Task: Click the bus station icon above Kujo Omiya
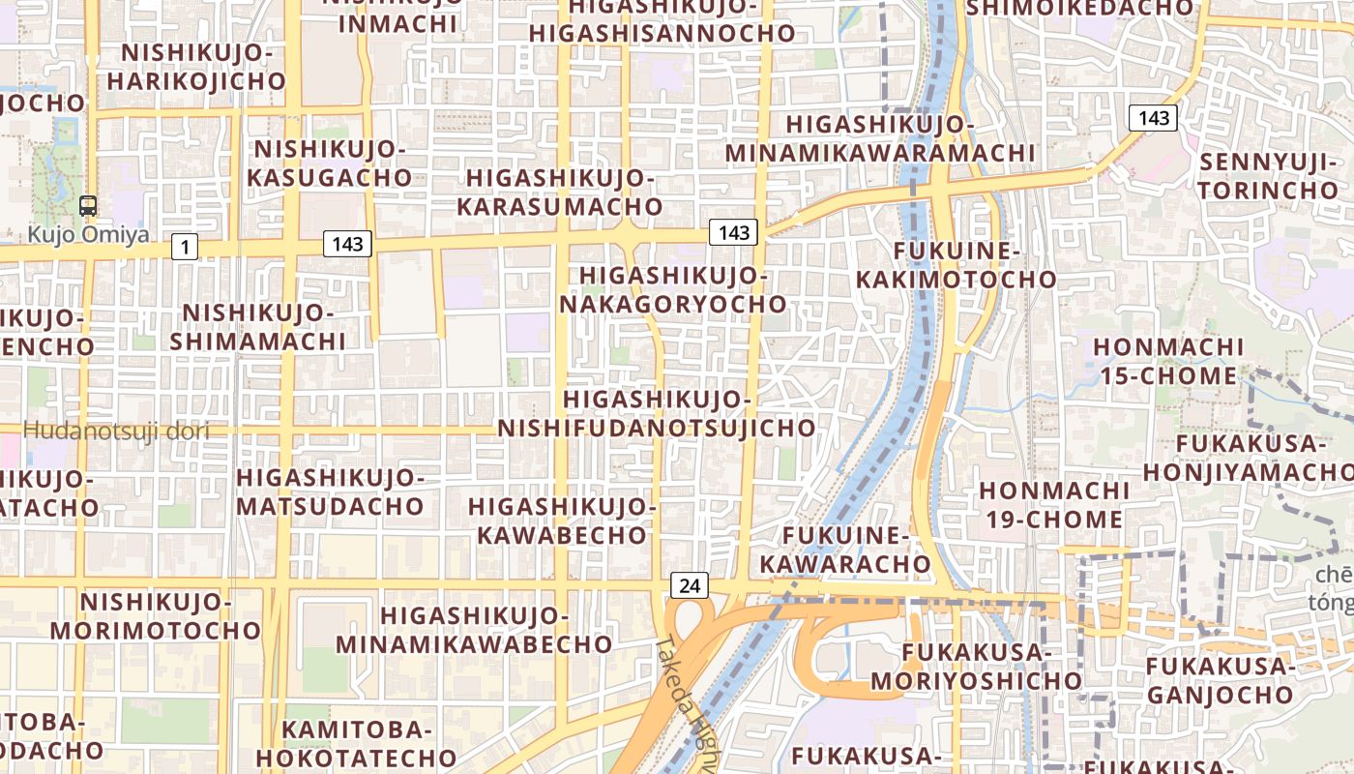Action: point(88,205)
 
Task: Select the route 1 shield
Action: point(185,248)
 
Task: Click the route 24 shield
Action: point(689,585)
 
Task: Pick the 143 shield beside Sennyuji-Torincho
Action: point(1153,119)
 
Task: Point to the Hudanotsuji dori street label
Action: point(116,432)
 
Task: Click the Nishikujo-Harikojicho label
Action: point(196,66)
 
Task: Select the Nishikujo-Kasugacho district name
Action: point(330,164)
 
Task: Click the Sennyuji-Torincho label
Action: point(1268,175)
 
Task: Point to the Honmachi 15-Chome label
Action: point(1167,361)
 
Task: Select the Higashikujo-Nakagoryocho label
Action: point(673,289)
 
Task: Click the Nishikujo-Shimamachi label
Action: point(258,327)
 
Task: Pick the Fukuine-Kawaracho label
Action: point(845,550)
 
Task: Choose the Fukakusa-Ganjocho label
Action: point(1220,680)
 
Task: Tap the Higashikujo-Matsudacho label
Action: point(330,491)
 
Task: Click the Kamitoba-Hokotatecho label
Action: point(356,743)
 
